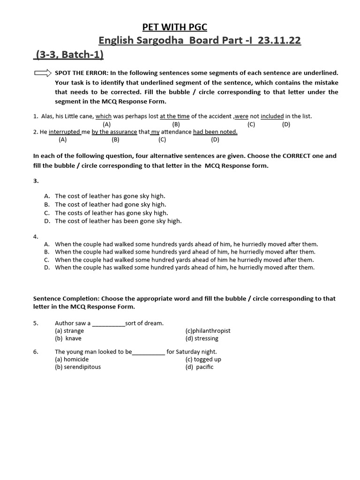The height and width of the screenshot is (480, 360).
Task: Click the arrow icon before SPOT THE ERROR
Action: pyautogui.click(x=43, y=73)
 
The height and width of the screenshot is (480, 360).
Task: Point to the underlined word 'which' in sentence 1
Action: pyautogui.click(x=104, y=116)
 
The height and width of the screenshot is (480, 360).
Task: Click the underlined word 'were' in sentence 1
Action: pyautogui.click(x=241, y=116)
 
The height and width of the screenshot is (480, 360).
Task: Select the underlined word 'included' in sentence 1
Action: pyautogui.click(x=272, y=116)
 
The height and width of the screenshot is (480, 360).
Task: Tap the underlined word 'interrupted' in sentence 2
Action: pyautogui.click(x=64, y=132)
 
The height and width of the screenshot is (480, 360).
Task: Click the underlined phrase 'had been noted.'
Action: pyautogui.click(x=215, y=132)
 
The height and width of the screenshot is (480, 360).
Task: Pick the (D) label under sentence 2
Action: pyautogui.click(x=215, y=139)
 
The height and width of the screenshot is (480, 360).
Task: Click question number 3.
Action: pyautogui.click(x=36, y=180)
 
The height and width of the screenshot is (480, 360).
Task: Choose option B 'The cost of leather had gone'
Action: pyautogui.click(x=110, y=204)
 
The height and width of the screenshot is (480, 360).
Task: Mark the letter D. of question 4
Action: pyautogui.click(x=47, y=268)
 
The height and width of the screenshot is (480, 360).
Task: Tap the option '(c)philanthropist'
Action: pyautogui.click(x=208, y=330)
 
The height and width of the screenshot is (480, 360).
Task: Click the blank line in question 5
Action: pyautogui.click(x=109, y=323)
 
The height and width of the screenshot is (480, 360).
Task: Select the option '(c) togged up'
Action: pyautogui.click(x=203, y=360)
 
